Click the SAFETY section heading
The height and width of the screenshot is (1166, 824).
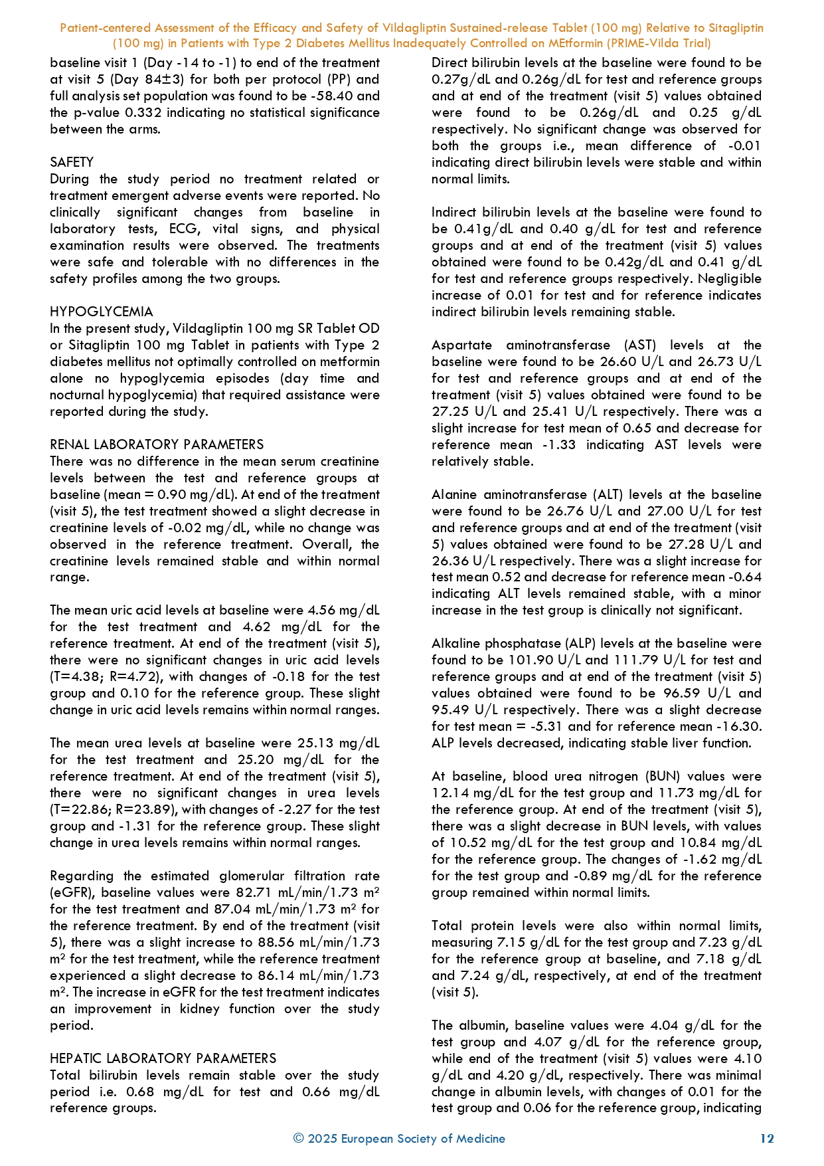click(72, 162)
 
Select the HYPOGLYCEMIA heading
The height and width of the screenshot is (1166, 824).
click(102, 312)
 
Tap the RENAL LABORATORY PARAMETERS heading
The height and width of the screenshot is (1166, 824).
click(157, 444)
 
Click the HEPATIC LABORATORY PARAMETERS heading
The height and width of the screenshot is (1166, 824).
click(163, 1058)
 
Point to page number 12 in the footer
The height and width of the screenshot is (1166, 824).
click(767, 1139)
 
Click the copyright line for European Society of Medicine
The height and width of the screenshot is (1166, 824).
click(399, 1139)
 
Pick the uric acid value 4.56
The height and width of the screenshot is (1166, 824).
click(321, 610)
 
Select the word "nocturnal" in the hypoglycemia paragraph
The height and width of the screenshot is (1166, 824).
click(83, 395)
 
